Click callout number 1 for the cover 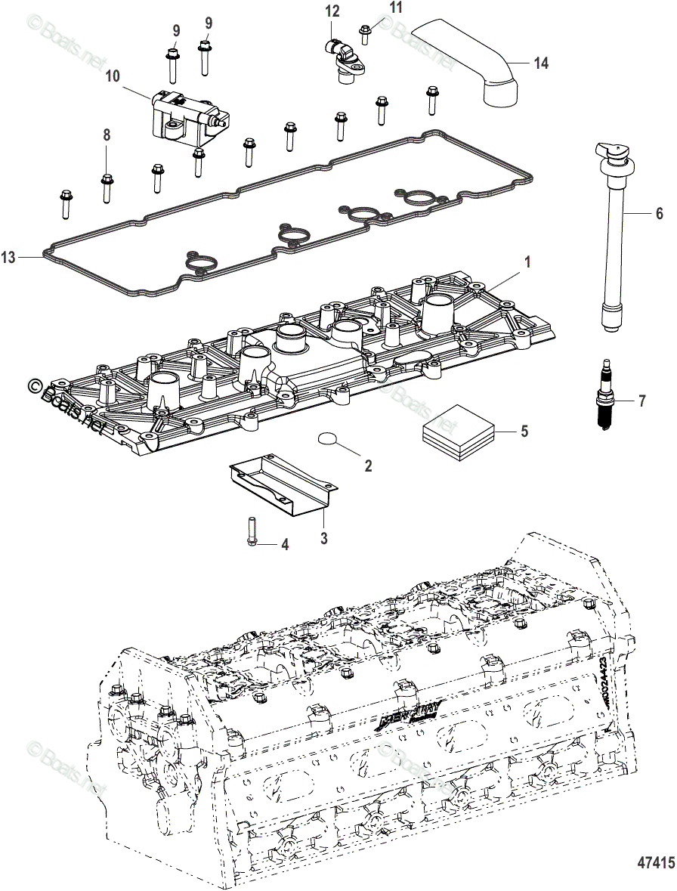527,262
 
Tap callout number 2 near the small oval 369,466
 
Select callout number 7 641,401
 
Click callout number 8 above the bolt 107,135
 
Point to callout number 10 112,76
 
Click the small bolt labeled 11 366,30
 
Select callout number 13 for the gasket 8,258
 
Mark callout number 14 540,63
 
